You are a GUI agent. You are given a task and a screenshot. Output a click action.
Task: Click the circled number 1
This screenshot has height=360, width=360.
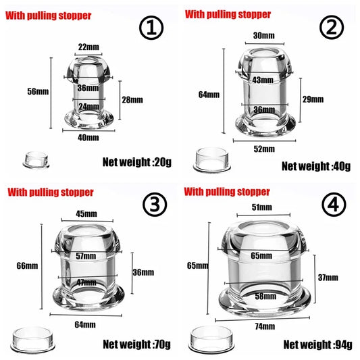click(x=152, y=29)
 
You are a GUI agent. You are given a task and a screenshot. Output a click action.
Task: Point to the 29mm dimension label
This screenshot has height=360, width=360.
click(x=313, y=99)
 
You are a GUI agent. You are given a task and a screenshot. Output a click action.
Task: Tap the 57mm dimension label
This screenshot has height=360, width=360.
click(x=86, y=256)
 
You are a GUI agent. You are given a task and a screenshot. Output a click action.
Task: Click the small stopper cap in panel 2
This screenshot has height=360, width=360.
click(x=207, y=159)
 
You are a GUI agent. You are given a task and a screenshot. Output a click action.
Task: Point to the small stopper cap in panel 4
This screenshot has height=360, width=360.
click(x=206, y=335)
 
